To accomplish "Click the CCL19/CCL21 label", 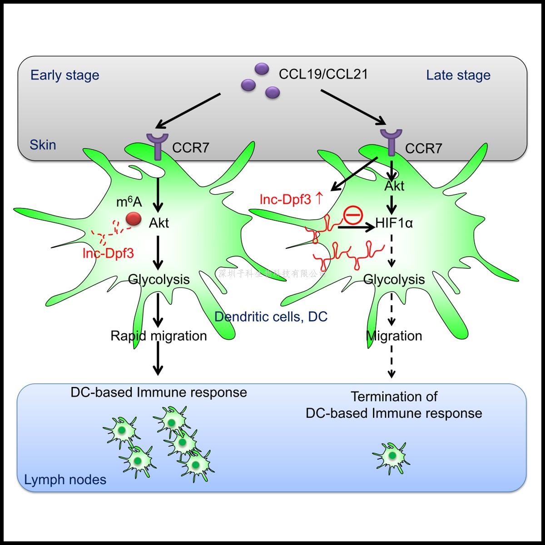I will [x=323, y=74].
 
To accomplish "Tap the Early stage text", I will [x=64, y=75].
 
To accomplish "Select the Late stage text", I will [x=458, y=75].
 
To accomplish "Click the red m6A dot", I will [x=134, y=219].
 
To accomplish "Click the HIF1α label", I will [x=394, y=223].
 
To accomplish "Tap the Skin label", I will [x=43, y=145].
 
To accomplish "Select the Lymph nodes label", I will [x=65, y=480].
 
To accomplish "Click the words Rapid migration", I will [x=159, y=336].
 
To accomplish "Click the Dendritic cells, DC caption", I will [x=271, y=317].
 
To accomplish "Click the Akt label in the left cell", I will [x=159, y=223].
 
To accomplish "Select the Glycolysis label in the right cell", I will [x=394, y=279].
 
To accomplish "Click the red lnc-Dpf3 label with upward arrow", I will [x=291, y=199].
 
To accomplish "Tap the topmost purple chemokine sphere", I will [x=262, y=69].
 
